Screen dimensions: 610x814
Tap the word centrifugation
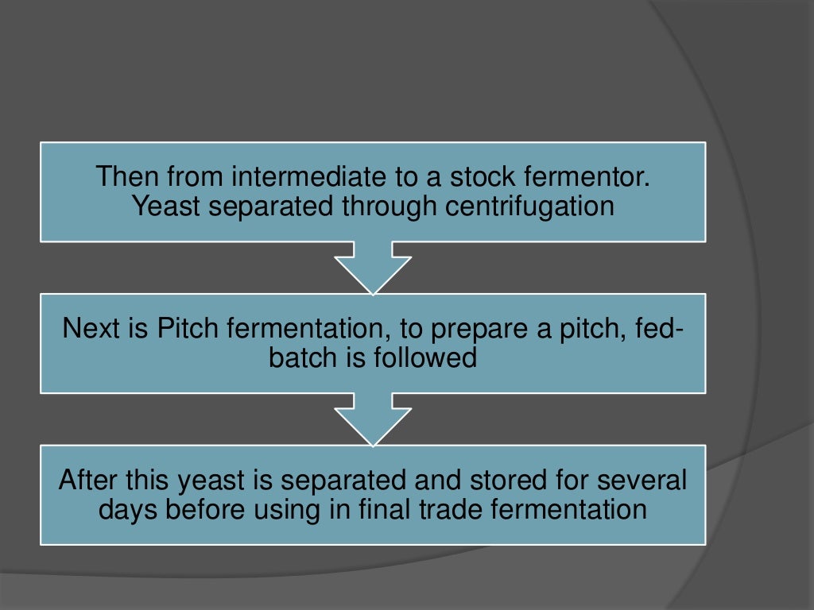click(x=529, y=206)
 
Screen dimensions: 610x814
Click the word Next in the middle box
click(x=91, y=328)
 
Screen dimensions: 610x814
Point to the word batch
click(x=303, y=358)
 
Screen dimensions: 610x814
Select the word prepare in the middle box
click(x=466, y=328)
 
